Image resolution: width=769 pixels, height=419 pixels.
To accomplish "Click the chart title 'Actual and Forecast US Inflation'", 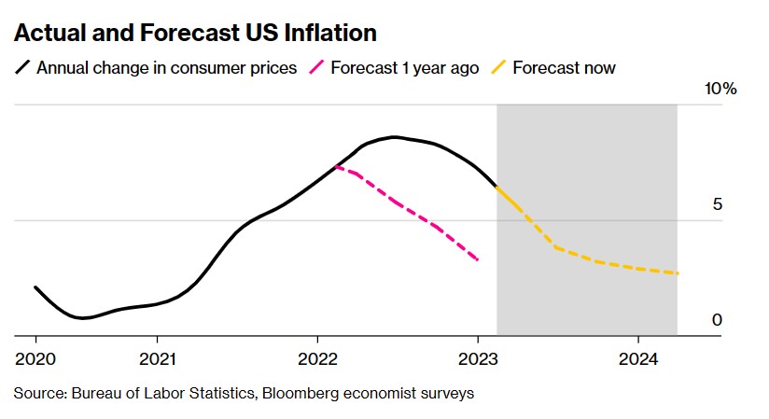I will [x=195, y=34].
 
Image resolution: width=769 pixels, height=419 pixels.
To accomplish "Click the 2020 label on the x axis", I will [x=35, y=359].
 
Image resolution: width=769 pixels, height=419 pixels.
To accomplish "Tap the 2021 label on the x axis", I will [x=157, y=359].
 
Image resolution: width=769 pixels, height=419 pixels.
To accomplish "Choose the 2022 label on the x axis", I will [x=317, y=359].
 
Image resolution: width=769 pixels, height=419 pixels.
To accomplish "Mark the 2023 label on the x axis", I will [x=478, y=359].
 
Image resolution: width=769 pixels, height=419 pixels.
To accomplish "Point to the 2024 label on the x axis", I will [x=638, y=359].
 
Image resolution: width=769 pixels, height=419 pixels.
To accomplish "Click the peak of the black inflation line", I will [x=396, y=137].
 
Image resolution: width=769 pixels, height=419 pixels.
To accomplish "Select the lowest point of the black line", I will [x=84, y=318].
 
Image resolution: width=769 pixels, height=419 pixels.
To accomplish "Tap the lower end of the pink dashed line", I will [x=479, y=260].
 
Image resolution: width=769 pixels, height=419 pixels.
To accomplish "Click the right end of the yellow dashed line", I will [x=678, y=273].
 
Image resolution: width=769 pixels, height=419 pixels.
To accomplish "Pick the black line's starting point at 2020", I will [x=35, y=287].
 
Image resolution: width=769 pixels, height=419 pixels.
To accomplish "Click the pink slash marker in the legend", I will [x=319, y=67].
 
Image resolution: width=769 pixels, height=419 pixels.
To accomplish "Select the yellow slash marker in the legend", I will [x=501, y=67].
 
